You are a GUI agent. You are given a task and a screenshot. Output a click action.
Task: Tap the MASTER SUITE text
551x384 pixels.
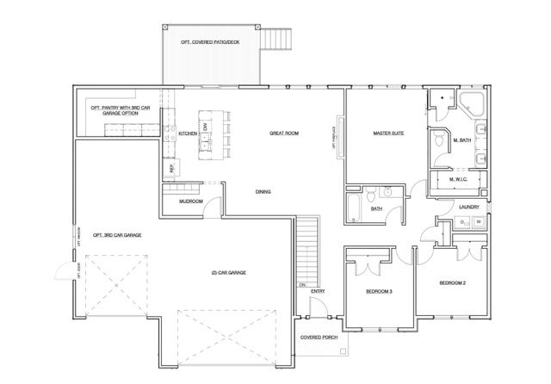click(388, 133)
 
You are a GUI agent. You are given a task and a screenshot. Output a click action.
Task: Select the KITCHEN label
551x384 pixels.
click(189, 134)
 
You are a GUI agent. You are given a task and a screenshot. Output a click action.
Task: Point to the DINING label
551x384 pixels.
click(263, 191)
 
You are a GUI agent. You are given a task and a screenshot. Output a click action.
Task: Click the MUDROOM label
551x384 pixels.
click(190, 201)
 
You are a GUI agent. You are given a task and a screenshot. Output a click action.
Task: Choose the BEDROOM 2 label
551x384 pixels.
click(453, 283)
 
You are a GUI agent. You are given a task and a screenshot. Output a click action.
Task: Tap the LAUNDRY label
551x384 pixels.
click(469, 207)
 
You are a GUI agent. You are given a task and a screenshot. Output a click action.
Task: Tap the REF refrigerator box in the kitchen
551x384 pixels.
click(172, 169)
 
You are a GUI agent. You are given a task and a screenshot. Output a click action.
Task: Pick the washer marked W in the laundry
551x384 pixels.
click(479, 222)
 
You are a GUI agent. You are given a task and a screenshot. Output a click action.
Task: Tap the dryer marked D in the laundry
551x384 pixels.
click(463, 222)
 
